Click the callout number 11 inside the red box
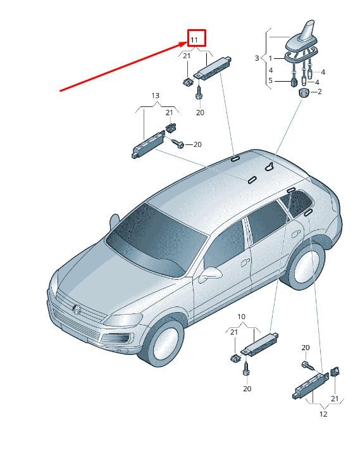pos(194,40)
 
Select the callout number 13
pos(156,96)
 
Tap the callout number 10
pos(241,317)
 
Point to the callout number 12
pos(323,414)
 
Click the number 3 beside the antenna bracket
pos(257,58)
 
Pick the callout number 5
pos(271,80)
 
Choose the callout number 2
pos(320,92)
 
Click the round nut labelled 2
pos(304,93)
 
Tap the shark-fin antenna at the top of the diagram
pos(301,39)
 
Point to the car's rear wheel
pos(304,267)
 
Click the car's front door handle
pos(245,262)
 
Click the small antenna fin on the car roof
pos(271,167)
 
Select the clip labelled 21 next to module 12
pos(335,371)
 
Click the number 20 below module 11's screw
pos(200,112)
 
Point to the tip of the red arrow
pos(187,42)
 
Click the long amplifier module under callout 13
pos(148,144)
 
